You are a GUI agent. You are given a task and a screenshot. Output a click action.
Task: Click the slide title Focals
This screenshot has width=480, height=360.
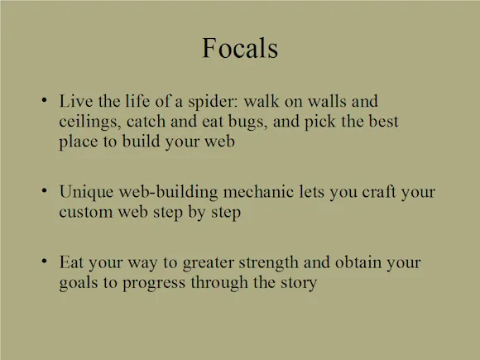point(240,48)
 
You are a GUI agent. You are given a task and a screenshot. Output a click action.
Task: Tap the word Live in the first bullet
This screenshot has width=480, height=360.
point(76,101)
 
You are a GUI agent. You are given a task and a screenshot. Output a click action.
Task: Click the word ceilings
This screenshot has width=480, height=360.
point(89,122)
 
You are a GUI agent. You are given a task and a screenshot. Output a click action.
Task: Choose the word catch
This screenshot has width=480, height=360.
point(146,121)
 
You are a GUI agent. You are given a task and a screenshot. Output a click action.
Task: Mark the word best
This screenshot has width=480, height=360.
point(383,121)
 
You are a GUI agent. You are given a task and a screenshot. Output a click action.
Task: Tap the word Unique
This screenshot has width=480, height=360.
point(86,193)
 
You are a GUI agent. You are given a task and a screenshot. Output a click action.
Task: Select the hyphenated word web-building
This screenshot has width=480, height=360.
point(168,193)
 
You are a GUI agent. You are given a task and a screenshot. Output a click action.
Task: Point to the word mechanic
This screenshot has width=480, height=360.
point(258,192)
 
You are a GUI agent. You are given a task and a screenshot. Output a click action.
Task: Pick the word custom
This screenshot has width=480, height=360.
point(86,212)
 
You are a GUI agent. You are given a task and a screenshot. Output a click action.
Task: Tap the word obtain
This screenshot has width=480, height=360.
point(358,262)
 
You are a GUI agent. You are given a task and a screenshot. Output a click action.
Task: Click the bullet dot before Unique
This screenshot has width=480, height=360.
point(45,190)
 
